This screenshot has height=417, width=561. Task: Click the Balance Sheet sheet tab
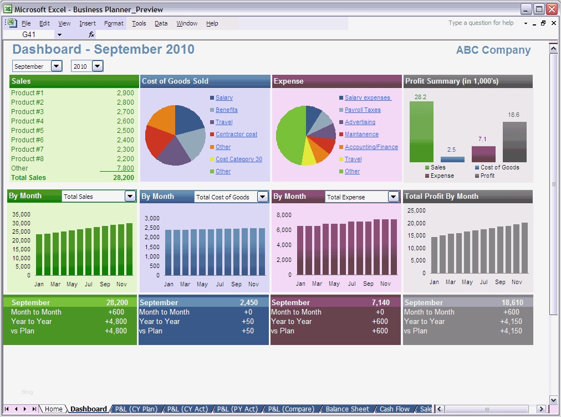pyautogui.click(x=347, y=409)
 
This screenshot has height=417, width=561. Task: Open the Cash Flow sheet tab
pyautogui.click(x=395, y=409)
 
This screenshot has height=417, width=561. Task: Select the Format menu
pyautogui.click(x=114, y=23)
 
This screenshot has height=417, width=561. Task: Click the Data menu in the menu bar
pyautogui.click(x=161, y=23)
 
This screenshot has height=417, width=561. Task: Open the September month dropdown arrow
pyautogui.click(x=56, y=66)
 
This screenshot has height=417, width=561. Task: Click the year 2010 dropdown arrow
pyautogui.click(x=98, y=66)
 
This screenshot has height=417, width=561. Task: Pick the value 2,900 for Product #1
pyautogui.click(x=125, y=93)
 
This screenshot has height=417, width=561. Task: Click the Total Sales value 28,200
pyautogui.click(x=123, y=178)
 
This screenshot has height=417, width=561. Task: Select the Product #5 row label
pyautogui.click(x=27, y=131)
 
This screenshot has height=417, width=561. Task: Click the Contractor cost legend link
pyautogui.click(x=236, y=135)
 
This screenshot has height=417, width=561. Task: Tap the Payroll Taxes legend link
pyautogui.click(x=363, y=110)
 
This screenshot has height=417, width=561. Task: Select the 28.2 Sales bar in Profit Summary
pyautogui.click(x=421, y=132)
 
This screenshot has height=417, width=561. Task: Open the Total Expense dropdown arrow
pyautogui.click(x=393, y=197)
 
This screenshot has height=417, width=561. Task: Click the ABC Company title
pyautogui.click(x=493, y=50)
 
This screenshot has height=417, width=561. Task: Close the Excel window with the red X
pyautogui.click(x=552, y=9)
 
